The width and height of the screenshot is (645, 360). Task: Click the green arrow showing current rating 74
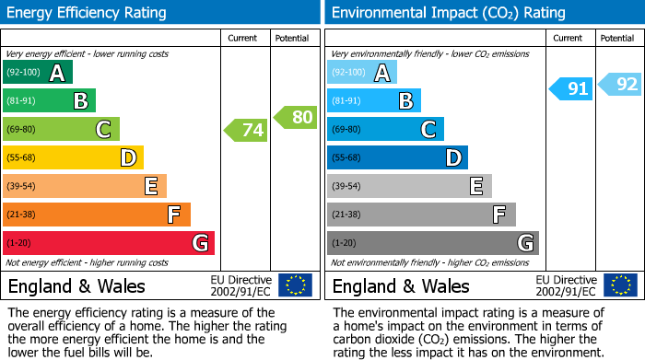246,130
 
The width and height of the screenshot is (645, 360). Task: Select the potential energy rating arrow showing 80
296,117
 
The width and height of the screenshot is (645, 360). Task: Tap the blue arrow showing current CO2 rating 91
571,89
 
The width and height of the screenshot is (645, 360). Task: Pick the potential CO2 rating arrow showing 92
620,85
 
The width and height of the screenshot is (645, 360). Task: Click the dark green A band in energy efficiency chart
37,73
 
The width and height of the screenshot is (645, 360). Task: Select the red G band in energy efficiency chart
108,243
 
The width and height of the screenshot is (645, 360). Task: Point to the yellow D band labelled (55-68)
73,158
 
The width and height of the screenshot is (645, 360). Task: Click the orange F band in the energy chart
96,215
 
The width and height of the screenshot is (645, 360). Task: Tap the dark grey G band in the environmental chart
432,243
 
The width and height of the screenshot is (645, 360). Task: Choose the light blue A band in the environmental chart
361,73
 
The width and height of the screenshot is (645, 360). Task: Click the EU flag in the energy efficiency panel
295,285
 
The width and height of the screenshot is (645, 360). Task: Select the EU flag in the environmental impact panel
619,285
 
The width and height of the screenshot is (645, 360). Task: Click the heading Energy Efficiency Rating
88,13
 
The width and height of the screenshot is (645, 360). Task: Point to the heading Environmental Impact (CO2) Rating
448,13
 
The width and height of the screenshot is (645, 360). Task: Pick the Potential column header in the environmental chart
617,39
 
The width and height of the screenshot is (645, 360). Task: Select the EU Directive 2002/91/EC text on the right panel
566,285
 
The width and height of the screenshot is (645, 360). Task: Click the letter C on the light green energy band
104,130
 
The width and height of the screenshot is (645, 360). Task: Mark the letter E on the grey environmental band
476,186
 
